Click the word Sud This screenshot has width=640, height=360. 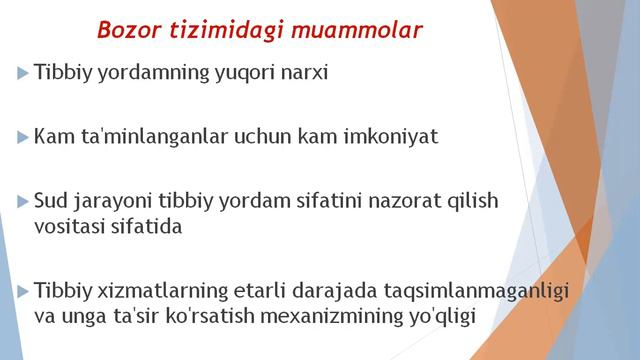(51, 201)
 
